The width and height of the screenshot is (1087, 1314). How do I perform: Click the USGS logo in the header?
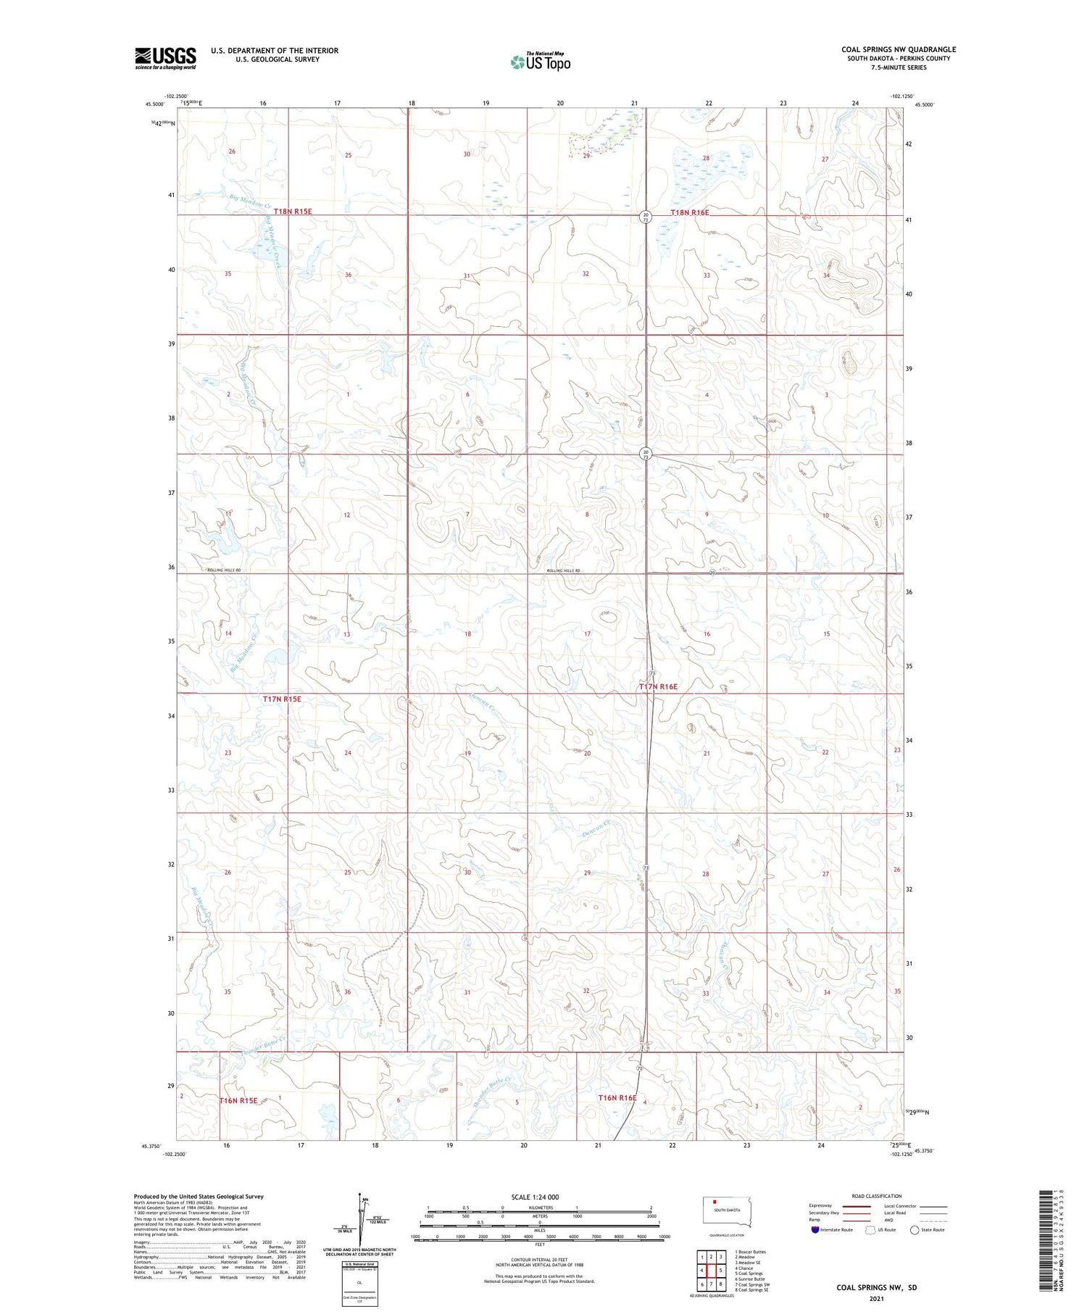click(x=165, y=58)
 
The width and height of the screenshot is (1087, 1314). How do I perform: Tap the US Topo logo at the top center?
click(x=540, y=62)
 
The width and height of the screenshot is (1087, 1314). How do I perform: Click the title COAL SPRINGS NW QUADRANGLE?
click(x=899, y=49)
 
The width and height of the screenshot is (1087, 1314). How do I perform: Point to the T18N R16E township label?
click(x=689, y=212)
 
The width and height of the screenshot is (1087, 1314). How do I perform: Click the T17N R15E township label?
click(x=281, y=699)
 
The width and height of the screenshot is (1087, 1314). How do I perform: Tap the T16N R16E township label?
click(x=617, y=1098)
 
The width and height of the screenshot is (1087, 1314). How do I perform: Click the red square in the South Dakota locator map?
click(x=715, y=1201)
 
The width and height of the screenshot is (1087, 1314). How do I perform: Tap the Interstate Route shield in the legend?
click(x=815, y=1229)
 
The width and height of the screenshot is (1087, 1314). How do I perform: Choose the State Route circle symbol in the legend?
click(x=915, y=1229)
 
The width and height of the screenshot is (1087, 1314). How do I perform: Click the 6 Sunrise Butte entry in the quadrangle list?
click(x=749, y=1279)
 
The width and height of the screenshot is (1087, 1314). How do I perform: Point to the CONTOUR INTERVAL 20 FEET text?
click(x=539, y=1260)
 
